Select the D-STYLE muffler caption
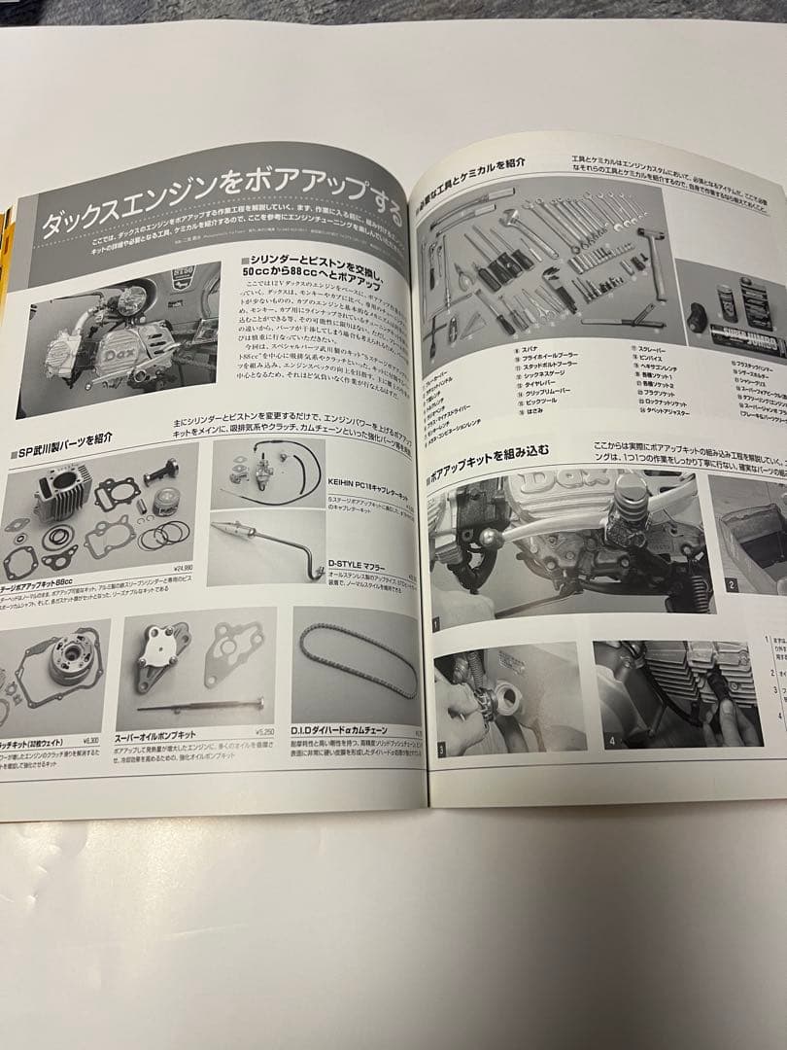(x=334, y=561)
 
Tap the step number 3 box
(x=442, y=750)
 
